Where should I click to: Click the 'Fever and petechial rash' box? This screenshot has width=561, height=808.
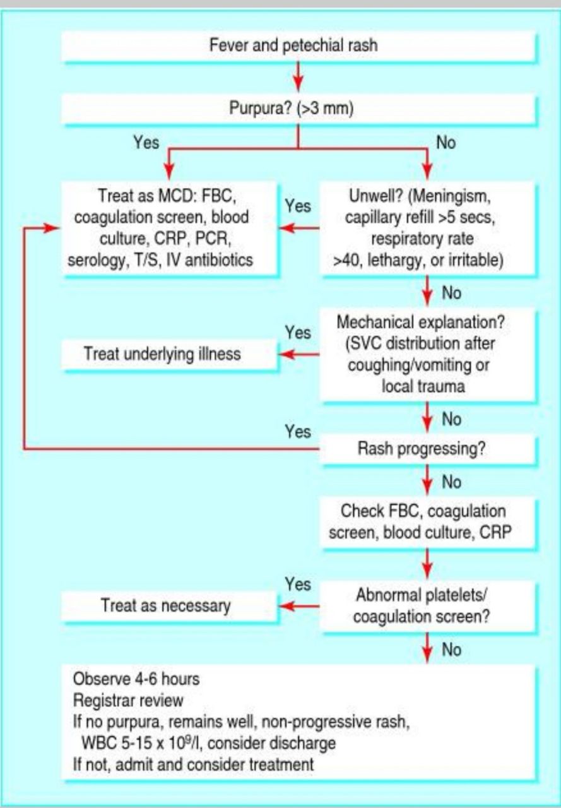[298, 46]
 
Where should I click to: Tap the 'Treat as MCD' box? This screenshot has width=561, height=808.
[170, 228]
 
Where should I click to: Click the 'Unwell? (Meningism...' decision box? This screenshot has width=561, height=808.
[428, 228]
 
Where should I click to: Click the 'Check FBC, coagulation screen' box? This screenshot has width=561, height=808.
[428, 521]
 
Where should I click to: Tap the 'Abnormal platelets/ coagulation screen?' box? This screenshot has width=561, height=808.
[428, 605]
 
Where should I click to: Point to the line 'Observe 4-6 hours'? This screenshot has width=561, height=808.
[136, 680]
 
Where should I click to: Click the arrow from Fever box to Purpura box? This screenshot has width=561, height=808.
[298, 76]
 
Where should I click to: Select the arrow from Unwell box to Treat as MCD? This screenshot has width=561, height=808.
[299, 228]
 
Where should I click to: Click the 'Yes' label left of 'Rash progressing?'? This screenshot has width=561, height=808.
[297, 431]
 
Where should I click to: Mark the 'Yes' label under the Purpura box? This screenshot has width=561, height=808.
[146, 143]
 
